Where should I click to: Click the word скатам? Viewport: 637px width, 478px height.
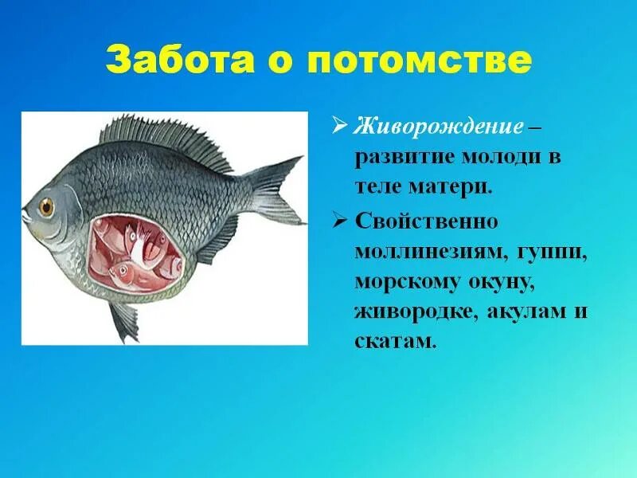[396, 341]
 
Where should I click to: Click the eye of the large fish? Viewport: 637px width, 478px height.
[47, 206]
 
